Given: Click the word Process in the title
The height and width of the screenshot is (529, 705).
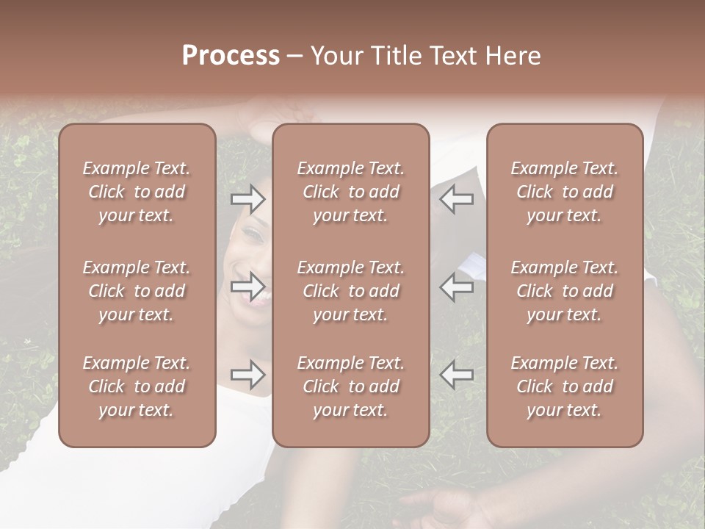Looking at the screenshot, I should (x=231, y=56).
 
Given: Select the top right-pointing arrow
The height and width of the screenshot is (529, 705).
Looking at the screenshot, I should (x=247, y=198).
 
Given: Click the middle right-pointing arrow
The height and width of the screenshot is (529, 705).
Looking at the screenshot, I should (x=247, y=287).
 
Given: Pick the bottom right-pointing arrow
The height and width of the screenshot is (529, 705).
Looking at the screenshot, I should (x=247, y=375).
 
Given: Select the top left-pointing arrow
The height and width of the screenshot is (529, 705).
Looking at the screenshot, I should (x=457, y=198).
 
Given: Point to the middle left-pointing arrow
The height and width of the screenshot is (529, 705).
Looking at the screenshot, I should (x=457, y=287).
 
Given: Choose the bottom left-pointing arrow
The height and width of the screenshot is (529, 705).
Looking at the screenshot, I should (x=457, y=375).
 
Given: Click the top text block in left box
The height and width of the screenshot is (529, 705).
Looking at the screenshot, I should (x=137, y=192).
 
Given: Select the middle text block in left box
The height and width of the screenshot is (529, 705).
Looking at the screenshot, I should (x=137, y=291).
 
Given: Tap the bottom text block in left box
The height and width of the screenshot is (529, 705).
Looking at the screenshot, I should (x=137, y=386).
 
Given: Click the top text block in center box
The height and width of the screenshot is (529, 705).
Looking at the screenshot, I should (x=350, y=192).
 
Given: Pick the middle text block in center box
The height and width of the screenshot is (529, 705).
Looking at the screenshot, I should (x=350, y=291).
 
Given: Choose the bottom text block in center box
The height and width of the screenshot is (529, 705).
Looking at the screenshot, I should (x=350, y=386).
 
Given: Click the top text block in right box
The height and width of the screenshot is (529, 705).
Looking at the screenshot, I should (x=564, y=192).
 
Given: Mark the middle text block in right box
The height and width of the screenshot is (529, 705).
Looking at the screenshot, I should (x=564, y=291).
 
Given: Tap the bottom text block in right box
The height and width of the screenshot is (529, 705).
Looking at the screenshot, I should (x=564, y=386).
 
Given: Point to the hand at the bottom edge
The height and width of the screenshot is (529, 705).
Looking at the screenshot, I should (x=448, y=507).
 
